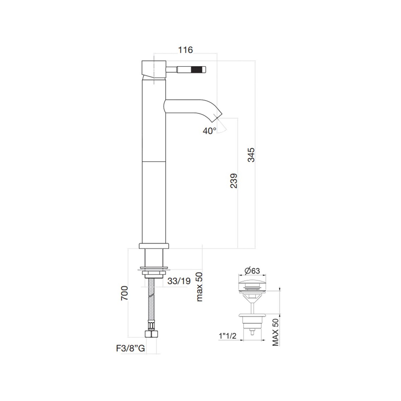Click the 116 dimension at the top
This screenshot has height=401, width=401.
coord(185,50)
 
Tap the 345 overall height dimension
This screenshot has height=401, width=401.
coord(251,155)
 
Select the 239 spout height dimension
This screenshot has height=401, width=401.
coord(234,181)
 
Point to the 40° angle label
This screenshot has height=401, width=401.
coord(210,131)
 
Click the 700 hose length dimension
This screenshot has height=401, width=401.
coord(124,293)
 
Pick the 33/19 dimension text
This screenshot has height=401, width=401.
coord(179,281)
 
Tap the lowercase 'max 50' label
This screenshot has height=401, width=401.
coord(199,286)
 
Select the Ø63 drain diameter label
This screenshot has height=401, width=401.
coord(252,271)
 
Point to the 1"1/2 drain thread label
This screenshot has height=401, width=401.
coord(228,336)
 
